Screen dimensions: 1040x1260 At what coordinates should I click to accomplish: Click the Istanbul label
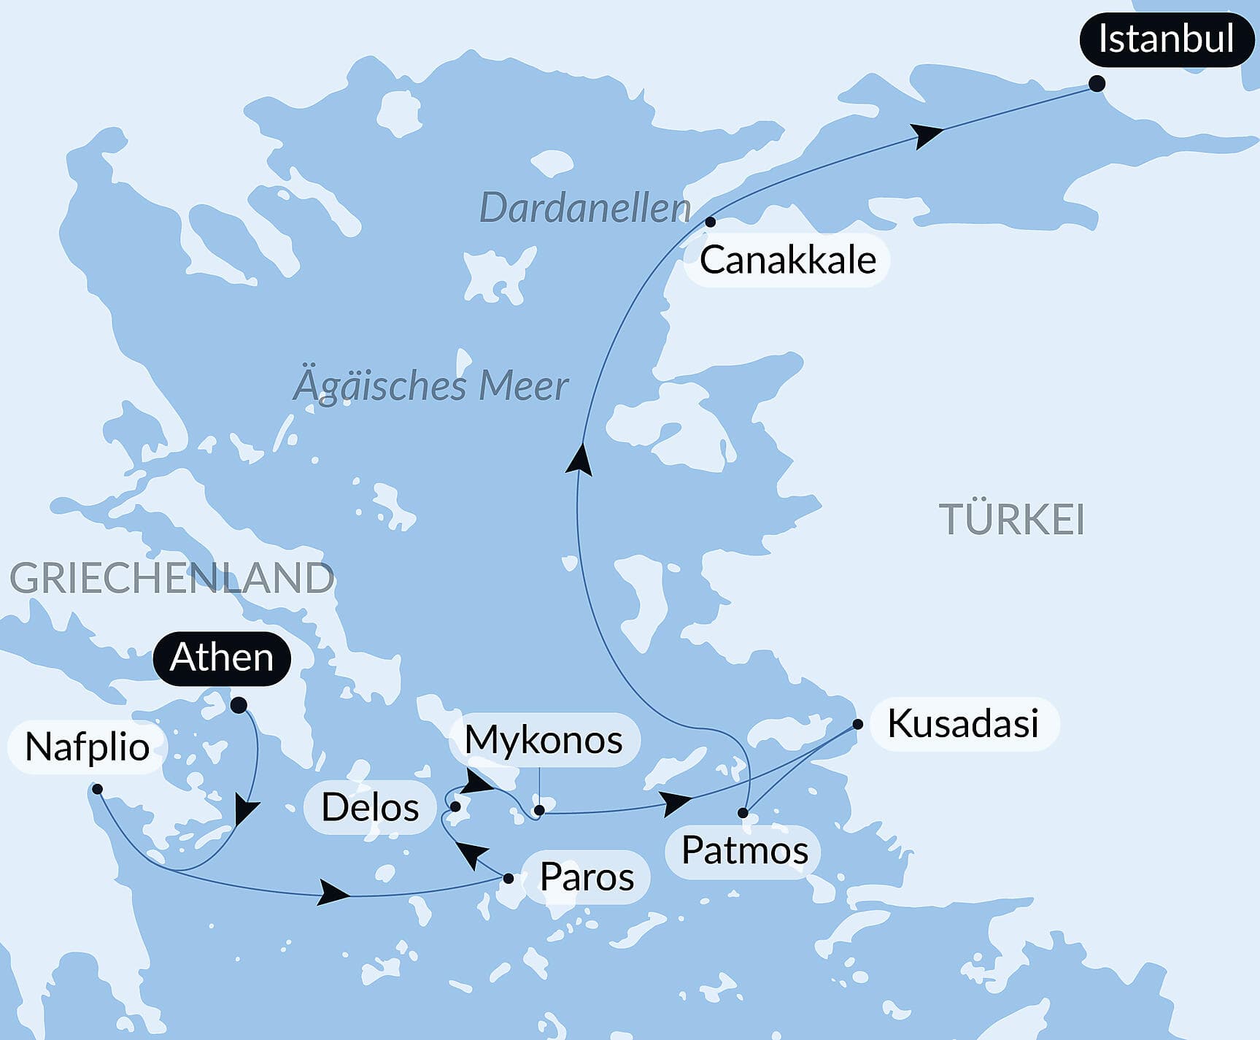[x=1166, y=39]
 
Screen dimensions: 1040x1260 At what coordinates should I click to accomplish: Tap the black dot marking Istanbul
[x=1097, y=84]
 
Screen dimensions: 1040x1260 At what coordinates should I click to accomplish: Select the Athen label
[x=222, y=658]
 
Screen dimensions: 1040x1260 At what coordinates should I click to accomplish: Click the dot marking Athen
[x=239, y=705]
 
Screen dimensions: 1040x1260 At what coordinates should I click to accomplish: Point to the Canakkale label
[x=787, y=261]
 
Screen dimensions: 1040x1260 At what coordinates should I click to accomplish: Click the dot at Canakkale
[x=711, y=222]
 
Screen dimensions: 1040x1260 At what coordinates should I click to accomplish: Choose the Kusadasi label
[x=962, y=724]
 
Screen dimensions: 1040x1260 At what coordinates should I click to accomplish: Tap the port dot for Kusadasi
[x=858, y=725]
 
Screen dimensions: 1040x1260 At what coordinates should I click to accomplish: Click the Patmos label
[x=744, y=851]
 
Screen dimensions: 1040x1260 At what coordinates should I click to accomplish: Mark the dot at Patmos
[x=743, y=813]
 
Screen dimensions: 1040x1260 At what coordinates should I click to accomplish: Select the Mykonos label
[x=544, y=740]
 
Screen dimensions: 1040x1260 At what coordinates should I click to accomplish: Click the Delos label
[x=370, y=808]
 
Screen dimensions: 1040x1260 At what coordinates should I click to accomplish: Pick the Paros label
[x=587, y=877]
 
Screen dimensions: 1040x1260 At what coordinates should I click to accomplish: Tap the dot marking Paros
[x=509, y=879]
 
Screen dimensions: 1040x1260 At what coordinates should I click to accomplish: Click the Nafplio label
[x=87, y=747]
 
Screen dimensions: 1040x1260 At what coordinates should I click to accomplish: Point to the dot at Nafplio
[x=97, y=789]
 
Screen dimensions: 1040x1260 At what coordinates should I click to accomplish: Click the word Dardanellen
[x=584, y=209]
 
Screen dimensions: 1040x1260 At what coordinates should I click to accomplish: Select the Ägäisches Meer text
[x=430, y=386]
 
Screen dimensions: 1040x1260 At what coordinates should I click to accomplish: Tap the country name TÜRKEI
[x=1011, y=520]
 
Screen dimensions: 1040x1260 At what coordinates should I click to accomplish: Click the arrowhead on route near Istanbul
[x=927, y=135]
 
